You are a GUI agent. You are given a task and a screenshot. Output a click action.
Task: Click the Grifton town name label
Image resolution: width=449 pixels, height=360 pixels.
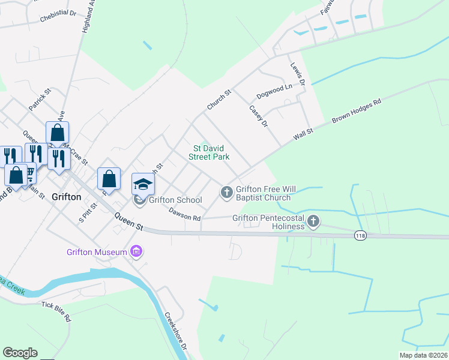click(x=66, y=196)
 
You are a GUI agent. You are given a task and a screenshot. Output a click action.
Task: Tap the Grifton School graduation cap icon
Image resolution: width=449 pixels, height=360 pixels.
click(x=143, y=184)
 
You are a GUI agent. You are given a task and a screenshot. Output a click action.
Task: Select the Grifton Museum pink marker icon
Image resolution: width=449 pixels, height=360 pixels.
click(x=136, y=252)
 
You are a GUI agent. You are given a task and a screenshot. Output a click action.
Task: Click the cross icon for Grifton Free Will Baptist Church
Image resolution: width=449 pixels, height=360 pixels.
click(x=226, y=192)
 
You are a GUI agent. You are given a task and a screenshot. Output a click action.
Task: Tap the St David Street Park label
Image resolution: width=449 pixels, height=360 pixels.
click(x=209, y=152)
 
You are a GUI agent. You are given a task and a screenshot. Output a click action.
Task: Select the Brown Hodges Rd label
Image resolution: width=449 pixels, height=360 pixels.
click(x=357, y=112)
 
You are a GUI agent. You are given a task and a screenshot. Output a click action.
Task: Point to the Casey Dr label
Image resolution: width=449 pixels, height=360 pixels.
click(x=258, y=116)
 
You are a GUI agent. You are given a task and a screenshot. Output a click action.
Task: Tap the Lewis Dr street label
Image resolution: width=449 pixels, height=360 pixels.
click(x=298, y=74)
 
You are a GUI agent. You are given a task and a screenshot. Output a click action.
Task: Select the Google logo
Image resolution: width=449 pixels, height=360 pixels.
click(x=20, y=353)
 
